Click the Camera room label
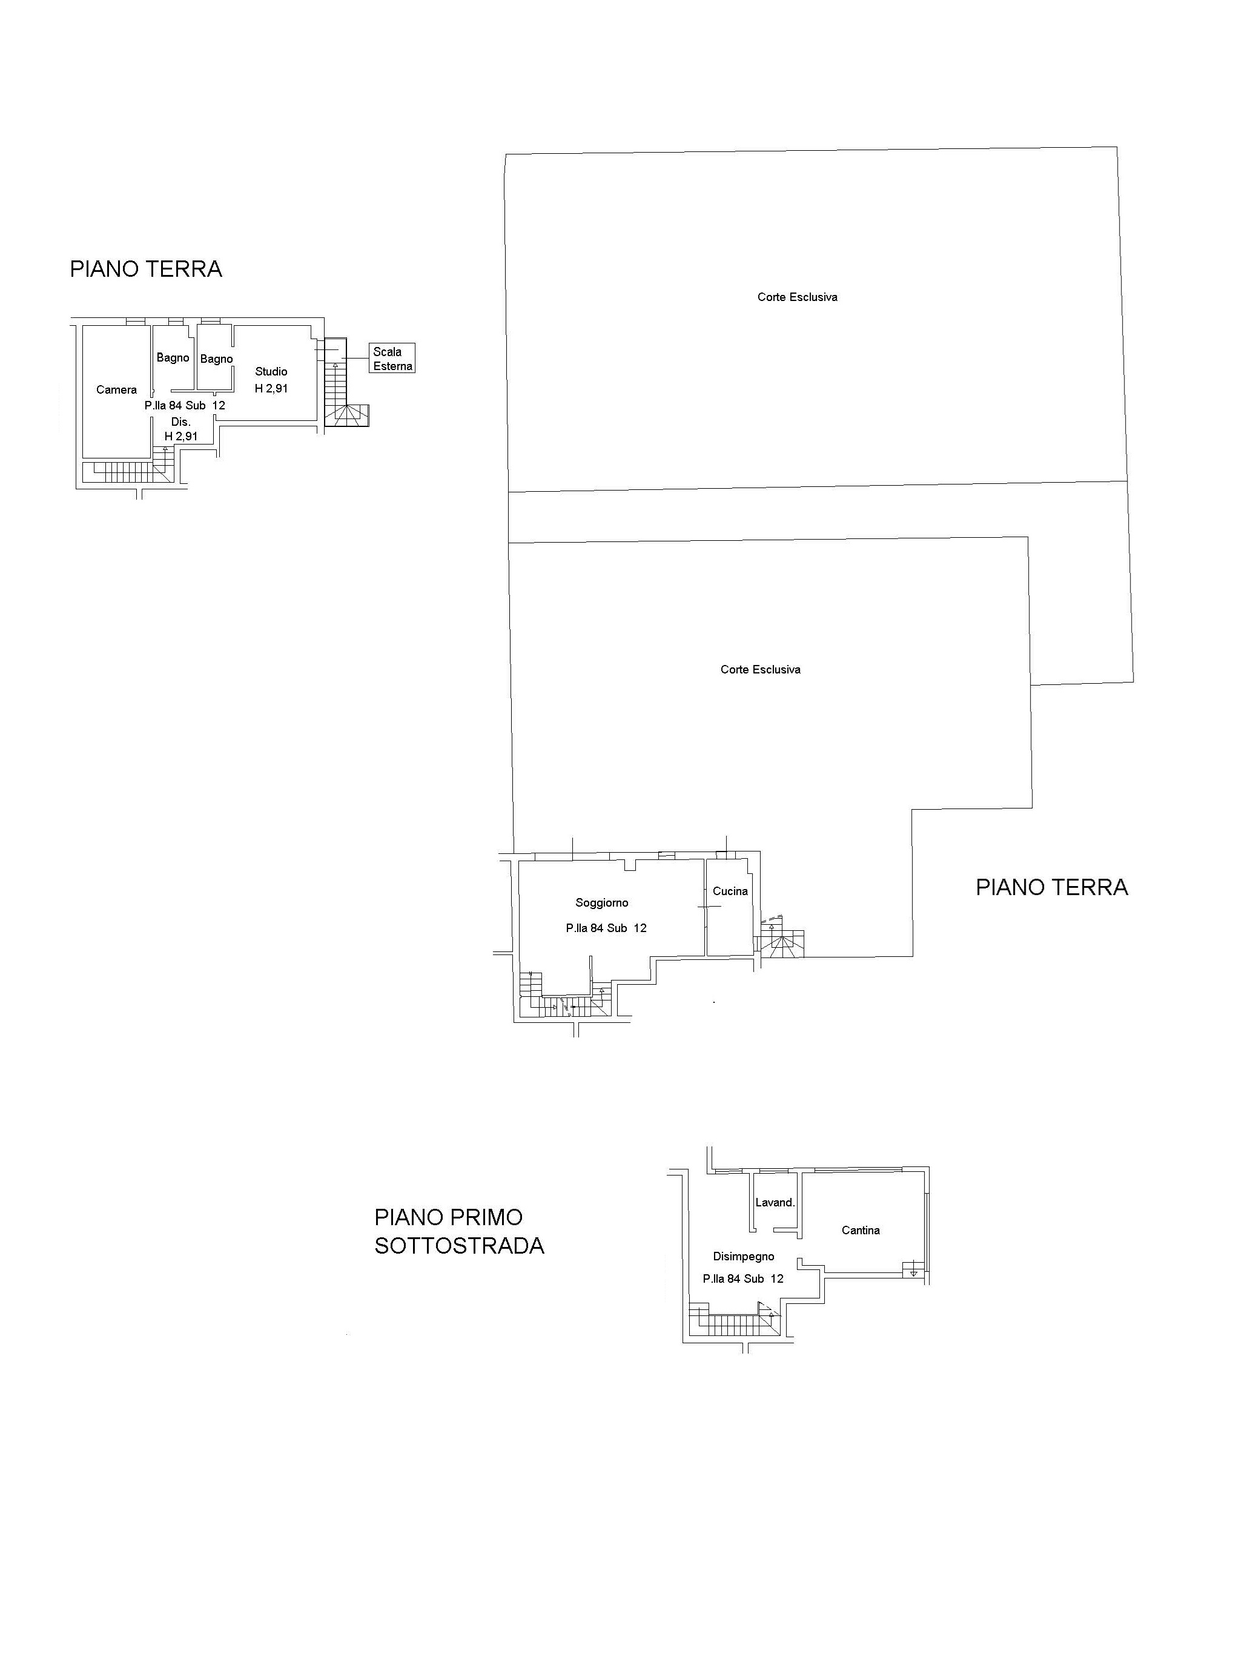click(x=116, y=389)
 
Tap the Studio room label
click(x=271, y=371)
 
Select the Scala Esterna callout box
click(x=392, y=359)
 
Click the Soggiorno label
click(x=602, y=903)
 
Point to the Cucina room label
click(x=730, y=891)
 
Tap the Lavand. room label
click(x=775, y=1202)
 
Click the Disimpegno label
click(x=744, y=1256)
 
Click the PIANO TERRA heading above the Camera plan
click(x=146, y=269)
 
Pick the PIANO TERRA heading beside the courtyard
click(x=1052, y=887)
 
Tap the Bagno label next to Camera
click(x=173, y=358)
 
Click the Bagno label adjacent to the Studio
click(x=216, y=359)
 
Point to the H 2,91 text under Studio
click(x=271, y=388)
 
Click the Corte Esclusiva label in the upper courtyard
click(x=798, y=297)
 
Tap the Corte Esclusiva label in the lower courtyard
click(x=760, y=669)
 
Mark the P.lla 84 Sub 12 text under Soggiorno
click(x=606, y=928)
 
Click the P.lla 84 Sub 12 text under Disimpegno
click(x=744, y=1279)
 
